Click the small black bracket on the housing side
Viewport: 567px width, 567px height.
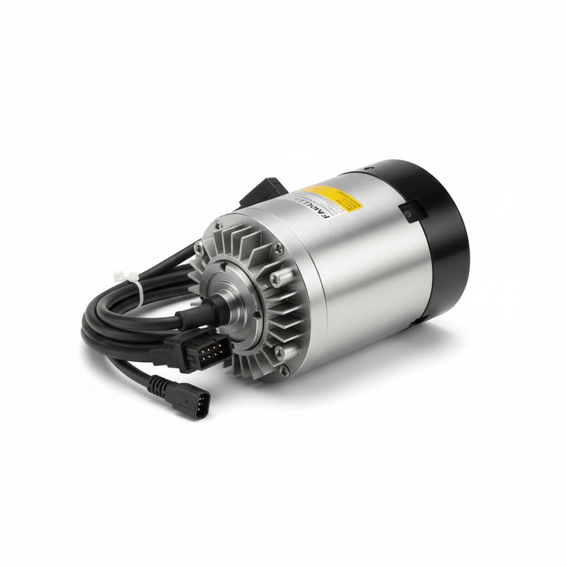pos(411,211)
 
